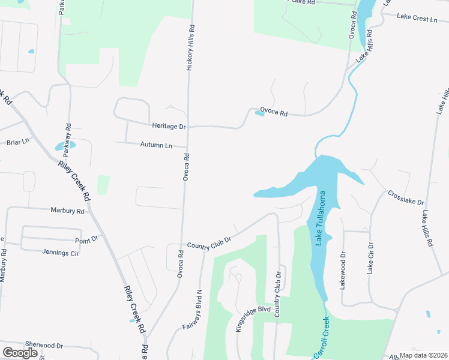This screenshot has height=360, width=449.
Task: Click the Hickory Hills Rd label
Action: pyautogui.click(x=191, y=49)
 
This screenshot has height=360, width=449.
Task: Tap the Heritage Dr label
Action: pyautogui.click(x=169, y=127)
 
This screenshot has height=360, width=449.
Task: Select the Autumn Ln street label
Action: pyautogui.click(x=156, y=145)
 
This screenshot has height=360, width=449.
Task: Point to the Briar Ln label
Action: pyautogui.click(x=17, y=142)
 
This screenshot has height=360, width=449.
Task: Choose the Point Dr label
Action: pyautogui.click(x=86, y=239)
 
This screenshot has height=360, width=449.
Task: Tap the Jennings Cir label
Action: pyautogui.click(x=61, y=253)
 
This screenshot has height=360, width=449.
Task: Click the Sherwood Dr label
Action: pyautogui.click(x=44, y=346)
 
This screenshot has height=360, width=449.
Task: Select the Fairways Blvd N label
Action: pyautogui.click(x=194, y=310)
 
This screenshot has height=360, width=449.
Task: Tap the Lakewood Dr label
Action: pyautogui.click(x=343, y=270)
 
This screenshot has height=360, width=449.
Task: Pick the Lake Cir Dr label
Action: pyautogui.click(x=370, y=259)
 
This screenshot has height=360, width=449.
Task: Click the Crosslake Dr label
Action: pyautogui.click(x=406, y=198)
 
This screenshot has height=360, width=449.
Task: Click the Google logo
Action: pyautogui.click(x=20, y=352)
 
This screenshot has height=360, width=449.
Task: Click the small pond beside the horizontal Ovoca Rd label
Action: pyautogui.click(x=259, y=113)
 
